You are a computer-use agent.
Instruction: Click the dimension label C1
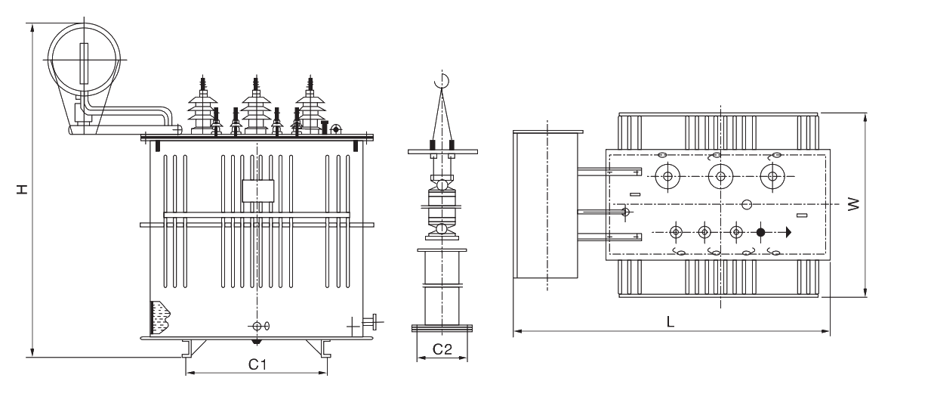(257, 364)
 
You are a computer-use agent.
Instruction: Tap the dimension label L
(671, 321)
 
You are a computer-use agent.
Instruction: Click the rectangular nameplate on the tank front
(257, 191)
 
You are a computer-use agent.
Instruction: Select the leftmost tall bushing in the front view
(202, 110)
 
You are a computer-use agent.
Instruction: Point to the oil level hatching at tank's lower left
(161, 317)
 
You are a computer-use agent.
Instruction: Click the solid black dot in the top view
(760, 232)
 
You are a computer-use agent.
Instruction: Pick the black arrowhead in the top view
(788, 232)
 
